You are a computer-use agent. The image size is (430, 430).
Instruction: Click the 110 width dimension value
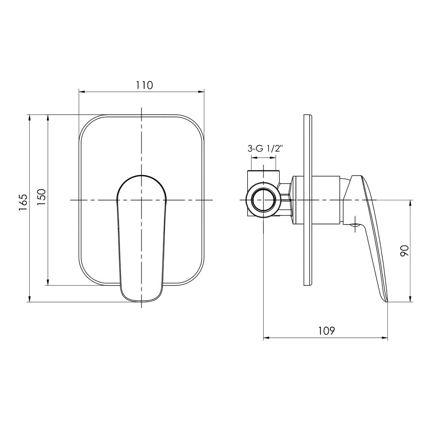(x=144, y=85)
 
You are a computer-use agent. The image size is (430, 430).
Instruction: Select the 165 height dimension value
(x=23, y=203)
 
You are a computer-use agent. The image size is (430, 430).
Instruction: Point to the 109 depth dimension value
(x=327, y=331)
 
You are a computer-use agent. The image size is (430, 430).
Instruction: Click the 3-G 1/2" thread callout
(x=265, y=149)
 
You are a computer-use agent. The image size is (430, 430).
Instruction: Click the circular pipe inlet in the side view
(x=263, y=200)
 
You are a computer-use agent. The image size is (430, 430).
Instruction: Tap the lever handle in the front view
(x=141, y=239)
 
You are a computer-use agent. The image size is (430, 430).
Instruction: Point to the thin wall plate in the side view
(x=307, y=200)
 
